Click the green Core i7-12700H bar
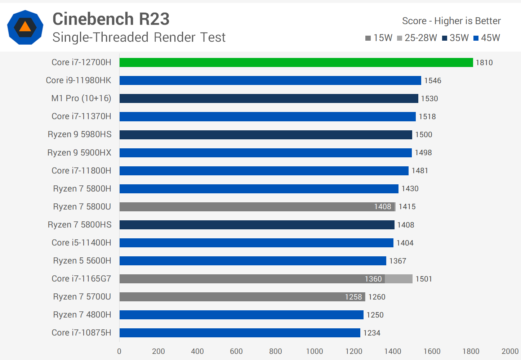(296, 62)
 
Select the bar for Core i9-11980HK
(270, 80)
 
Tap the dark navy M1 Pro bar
(269, 98)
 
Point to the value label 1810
(484, 63)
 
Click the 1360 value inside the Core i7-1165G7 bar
(373, 279)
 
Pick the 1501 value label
(424, 279)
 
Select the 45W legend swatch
(476, 38)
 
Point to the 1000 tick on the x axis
(315, 351)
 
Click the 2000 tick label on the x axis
(510, 351)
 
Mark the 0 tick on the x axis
(119, 351)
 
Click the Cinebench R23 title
(111, 19)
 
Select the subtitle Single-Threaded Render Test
(139, 37)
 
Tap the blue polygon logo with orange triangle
(25, 27)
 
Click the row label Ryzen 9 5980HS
(80, 134)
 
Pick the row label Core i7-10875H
(81, 333)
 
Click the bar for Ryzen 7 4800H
(241, 315)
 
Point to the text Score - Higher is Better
(451, 21)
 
